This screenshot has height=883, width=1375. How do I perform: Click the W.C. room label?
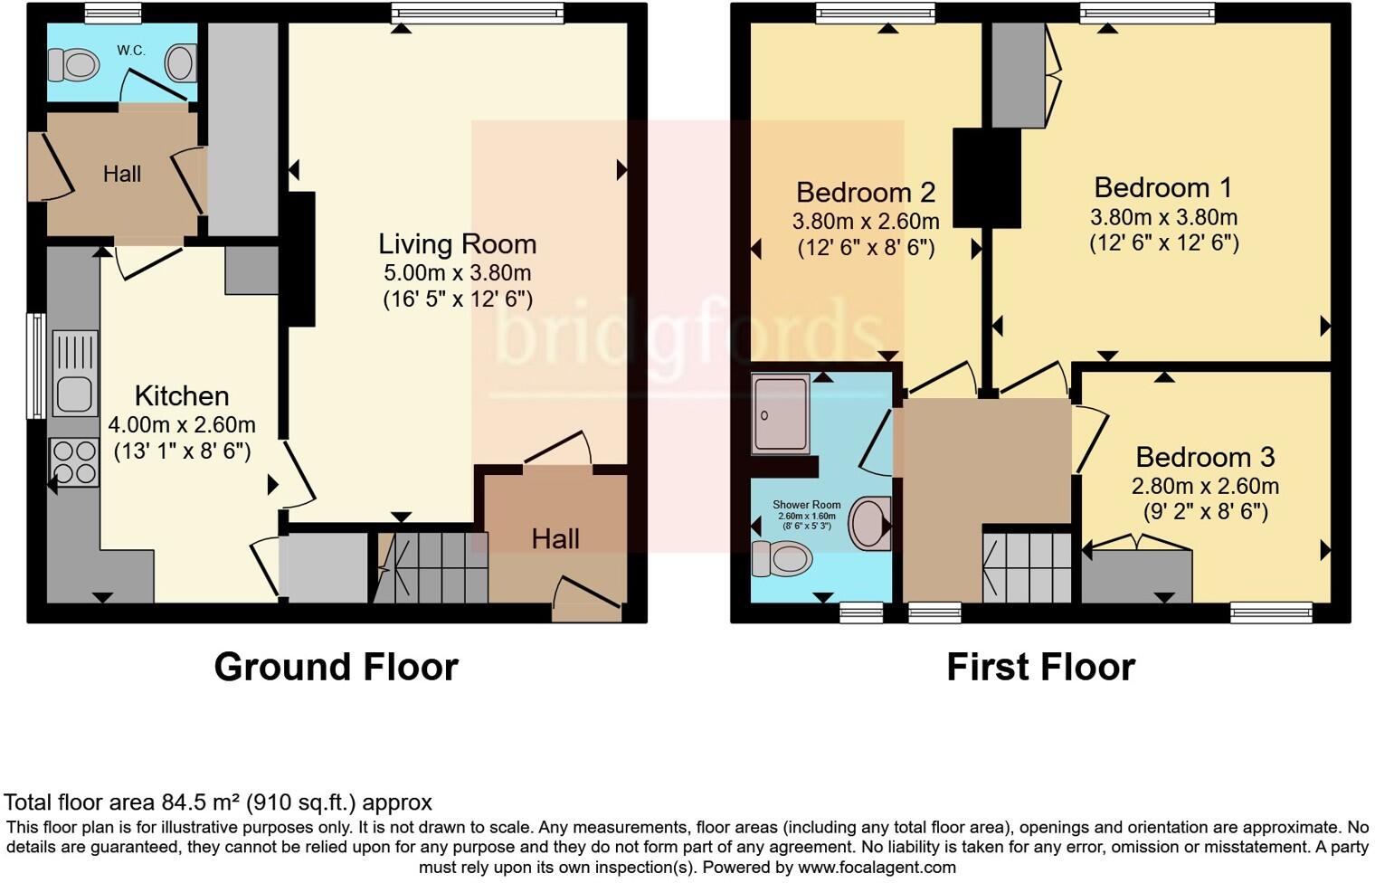click(131, 51)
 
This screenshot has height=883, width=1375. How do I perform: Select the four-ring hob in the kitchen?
click(75, 461)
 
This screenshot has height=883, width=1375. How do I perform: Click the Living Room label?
click(457, 244)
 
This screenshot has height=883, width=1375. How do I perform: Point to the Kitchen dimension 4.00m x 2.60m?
click(182, 424)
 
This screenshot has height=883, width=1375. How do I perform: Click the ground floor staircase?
click(432, 567)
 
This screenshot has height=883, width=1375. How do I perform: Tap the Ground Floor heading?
click(336, 667)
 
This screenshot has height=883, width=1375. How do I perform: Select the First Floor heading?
click(1040, 667)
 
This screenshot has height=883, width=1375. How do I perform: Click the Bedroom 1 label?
click(1162, 188)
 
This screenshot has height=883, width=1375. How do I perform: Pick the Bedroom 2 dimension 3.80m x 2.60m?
click(866, 221)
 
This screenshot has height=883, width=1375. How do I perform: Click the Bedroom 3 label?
click(1205, 457)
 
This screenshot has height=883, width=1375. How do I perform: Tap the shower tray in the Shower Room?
click(781, 413)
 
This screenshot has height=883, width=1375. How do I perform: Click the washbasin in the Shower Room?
click(869, 523)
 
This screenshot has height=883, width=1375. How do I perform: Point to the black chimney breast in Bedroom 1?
click(986, 177)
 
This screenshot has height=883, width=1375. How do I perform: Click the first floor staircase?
click(1028, 567)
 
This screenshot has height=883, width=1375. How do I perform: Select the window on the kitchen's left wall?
click(36, 366)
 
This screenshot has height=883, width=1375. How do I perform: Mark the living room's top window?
click(478, 13)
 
